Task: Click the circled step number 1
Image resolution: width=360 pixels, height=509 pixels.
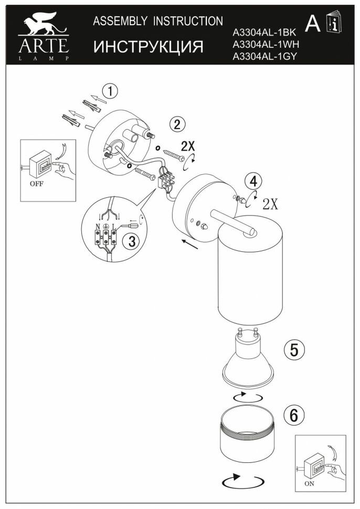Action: (x=109, y=91)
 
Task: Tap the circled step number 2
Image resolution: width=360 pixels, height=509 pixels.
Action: (x=177, y=124)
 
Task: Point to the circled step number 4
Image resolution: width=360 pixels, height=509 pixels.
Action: (x=254, y=182)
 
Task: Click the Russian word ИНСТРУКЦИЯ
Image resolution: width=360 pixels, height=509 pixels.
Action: (x=149, y=47)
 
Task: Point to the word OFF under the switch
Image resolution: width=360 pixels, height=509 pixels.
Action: (x=37, y=185)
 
